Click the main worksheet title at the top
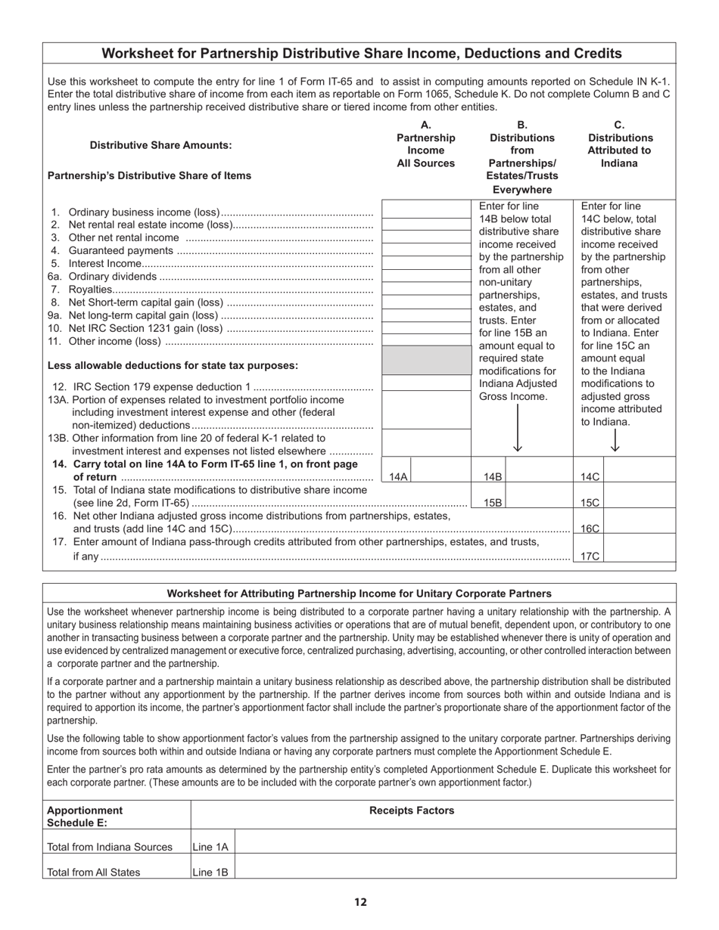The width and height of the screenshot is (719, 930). (362, 54)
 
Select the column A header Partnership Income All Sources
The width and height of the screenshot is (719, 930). (426, 144)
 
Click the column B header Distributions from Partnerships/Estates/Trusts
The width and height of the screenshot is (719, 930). (521, 157)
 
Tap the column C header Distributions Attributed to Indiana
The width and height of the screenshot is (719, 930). (620, 144)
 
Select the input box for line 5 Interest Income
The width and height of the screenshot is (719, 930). (426, 262)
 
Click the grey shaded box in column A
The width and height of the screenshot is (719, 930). (426, 361)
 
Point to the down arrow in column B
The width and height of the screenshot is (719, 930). (518, 429)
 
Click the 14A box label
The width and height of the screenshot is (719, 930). (398, 477)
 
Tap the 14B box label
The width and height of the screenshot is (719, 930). (493, 477)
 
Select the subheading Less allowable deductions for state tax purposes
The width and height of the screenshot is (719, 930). (173, 365)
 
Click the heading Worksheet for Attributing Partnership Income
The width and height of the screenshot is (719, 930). (359, 594)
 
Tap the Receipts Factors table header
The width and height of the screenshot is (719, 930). (412, 811)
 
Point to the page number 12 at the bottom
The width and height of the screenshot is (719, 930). (360, 901)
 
